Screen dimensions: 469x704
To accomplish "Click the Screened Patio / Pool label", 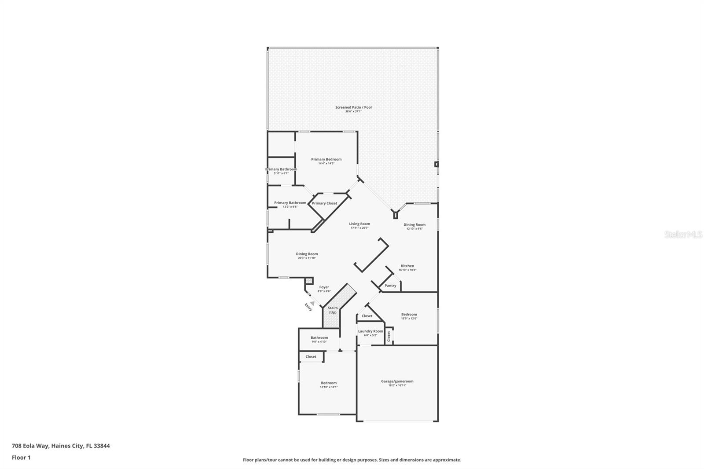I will pos(353,107).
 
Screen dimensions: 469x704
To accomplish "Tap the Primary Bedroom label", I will pos(326,159).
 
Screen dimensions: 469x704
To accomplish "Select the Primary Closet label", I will pos(324,203).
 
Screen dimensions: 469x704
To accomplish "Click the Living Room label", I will pos(359,224).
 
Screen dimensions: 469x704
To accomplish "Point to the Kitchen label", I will pos(407,266).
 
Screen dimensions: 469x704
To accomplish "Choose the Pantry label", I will pos(390,286).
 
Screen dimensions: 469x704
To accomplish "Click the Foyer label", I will pos(324,287).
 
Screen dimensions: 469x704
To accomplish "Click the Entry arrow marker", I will pos(312,303).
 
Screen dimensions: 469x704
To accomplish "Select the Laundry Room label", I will pos(370,331).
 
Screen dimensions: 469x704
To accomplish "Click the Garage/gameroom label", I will pos(397,381).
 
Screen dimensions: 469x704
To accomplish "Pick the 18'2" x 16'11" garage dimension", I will pos(397,385).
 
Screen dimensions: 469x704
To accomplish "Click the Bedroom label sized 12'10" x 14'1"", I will pos(328,383).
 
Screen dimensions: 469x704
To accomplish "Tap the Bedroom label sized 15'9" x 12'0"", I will pos(409,315).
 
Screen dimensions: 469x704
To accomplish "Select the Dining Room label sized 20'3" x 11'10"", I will pos(307,254).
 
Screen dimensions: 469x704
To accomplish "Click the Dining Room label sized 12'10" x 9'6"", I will pos(414,225).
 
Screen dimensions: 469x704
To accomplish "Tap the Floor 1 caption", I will pos(21,458).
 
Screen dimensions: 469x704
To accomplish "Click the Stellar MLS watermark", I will pos(683,235).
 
